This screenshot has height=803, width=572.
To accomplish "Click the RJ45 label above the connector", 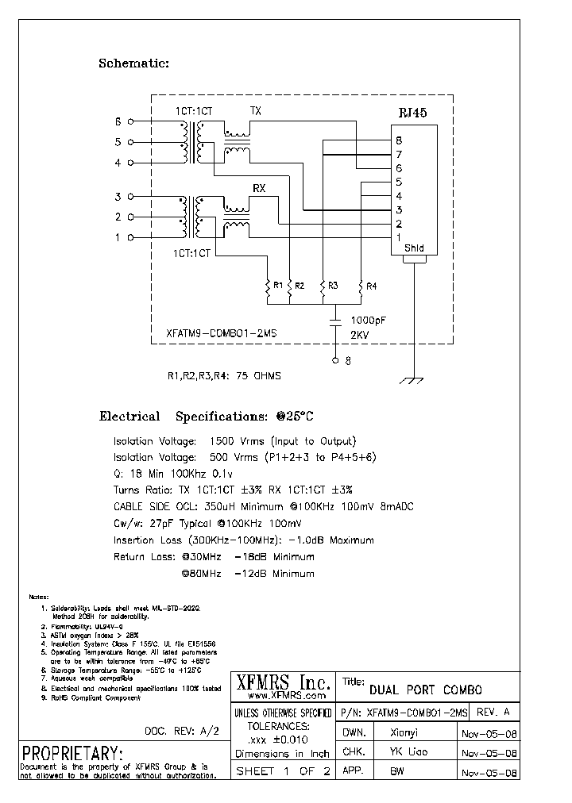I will [x=412, y=113].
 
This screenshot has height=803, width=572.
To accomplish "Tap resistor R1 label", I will [x=276, y=285].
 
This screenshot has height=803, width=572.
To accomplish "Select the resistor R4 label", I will [x=371, y=285].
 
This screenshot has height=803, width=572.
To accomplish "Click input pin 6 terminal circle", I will [x=131, y=122].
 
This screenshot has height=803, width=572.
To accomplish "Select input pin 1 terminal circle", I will [x=131, y=237].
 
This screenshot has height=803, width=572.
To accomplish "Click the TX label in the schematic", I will [x=256, y=111].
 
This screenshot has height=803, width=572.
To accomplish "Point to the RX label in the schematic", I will [x=259, y=187].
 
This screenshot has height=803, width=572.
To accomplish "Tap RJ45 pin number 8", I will [x=399, y=140].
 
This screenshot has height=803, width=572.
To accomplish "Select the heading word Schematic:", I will [x=133, y=63].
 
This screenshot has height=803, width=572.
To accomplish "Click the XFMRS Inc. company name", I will [x=282, y=681].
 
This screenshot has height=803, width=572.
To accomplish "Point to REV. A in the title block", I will [x=495, y=712].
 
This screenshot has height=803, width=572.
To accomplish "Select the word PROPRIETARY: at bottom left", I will [x=72, y=752].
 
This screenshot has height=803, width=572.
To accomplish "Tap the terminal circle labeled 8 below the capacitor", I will [x=336, y=361].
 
